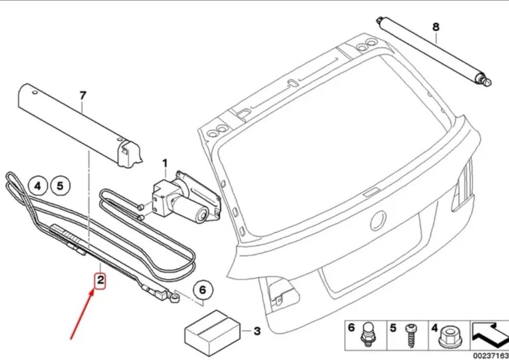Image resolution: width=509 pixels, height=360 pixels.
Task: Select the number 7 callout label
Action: point(83,95)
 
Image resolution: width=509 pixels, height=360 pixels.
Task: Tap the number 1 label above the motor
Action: point(165,164)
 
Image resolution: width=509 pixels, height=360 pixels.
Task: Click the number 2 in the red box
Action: point(99,281)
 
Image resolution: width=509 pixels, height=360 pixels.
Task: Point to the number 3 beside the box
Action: point(257,331)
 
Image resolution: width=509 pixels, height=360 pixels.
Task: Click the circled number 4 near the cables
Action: point(38,185)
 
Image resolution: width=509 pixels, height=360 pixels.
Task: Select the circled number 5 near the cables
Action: point(60,185)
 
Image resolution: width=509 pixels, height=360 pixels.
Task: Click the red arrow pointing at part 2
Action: point(82,314)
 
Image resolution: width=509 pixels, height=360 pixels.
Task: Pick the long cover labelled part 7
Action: point(77,124)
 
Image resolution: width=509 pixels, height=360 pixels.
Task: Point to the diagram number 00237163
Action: point(490,355)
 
